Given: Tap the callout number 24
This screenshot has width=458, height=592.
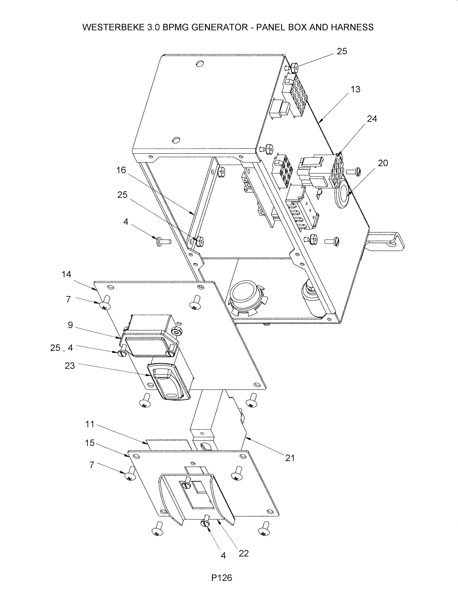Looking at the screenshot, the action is point(372,119).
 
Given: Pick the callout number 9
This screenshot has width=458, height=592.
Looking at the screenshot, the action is point(70,325).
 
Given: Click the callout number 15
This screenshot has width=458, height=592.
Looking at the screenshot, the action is point(90,443).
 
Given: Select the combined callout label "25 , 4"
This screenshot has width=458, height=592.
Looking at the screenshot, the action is point(62,348).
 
